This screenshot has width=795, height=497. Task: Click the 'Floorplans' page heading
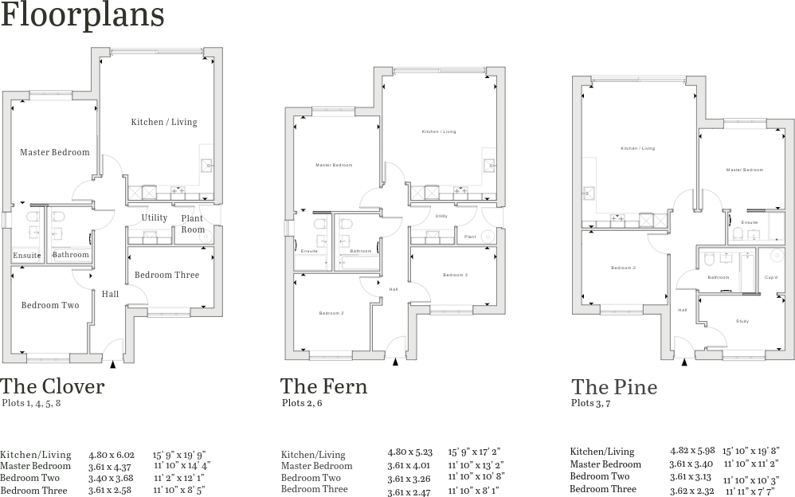click(x=83, y=16)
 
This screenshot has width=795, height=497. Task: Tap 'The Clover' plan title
click(x=53, y=386)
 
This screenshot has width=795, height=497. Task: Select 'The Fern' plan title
click(x=323, y=386)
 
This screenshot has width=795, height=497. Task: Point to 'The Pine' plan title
click(x=614, y=387)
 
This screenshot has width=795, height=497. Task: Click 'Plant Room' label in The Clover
click(x=192, y=224)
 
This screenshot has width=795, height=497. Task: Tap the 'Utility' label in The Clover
click(x=155, y=217)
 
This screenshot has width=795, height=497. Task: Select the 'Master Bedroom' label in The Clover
click(x=55, y=152)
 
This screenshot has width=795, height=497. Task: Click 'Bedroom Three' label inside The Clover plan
click(x=166, y=275)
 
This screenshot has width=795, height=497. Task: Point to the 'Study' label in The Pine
click(x=742, y=322)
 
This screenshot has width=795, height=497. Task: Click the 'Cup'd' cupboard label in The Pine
click(x=771, y=277)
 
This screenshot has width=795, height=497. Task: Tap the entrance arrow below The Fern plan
click(x=396, y=362)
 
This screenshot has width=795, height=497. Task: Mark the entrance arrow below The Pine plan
click(x=684, y=362)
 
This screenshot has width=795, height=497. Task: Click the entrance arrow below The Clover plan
click(x=112, y=364)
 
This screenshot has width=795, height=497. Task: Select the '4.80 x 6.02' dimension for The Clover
click(x=111, y=454)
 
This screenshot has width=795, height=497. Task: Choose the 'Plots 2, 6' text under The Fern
click(x=302, y=403)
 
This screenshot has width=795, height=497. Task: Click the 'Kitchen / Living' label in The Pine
click(x=637, y=148)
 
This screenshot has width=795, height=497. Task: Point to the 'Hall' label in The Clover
click(x=110, y=294)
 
